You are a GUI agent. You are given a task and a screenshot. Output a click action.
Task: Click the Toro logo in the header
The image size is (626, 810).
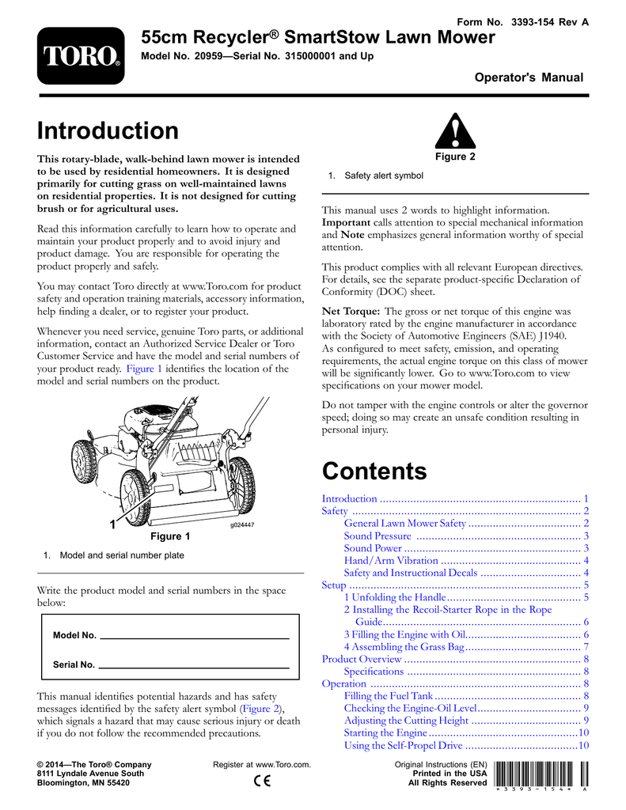coord(80,56)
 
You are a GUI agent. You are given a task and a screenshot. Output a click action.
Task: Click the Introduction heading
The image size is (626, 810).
coord(108,131)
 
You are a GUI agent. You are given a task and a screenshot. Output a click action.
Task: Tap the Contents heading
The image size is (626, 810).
coord(374,471)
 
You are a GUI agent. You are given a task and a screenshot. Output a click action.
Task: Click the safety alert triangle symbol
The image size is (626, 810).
coord(455,132)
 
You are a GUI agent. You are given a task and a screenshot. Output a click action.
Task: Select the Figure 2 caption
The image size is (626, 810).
coord(455,157)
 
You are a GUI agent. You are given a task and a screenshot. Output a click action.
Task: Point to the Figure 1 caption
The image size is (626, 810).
coord(170,537)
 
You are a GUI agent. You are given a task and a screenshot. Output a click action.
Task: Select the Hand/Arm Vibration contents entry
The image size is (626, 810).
coord(391,561)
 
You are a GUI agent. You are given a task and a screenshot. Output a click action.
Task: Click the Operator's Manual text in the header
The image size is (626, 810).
coord(529,78)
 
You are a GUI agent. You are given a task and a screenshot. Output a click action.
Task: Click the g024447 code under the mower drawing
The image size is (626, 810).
coord(242,524)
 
